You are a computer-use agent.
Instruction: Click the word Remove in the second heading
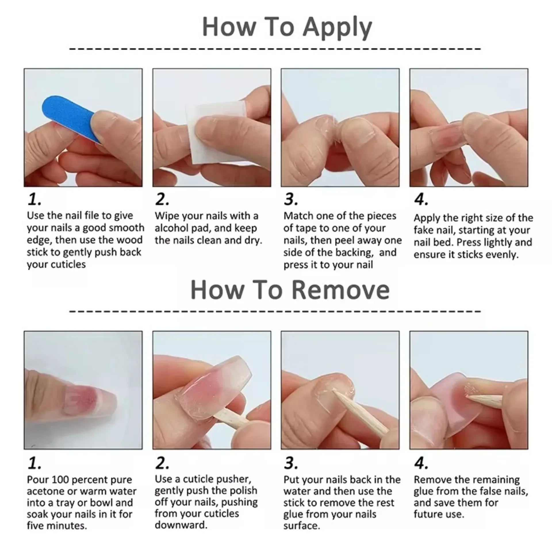pyautogui.click(x=340, y=290)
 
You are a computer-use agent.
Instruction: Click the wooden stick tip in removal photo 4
pyautogui.click(x=471, y=397)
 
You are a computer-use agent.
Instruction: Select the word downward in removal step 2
pyautogui.click(x=181, y=525)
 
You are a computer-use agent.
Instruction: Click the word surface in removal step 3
pyautogui.click(x=301, y=526)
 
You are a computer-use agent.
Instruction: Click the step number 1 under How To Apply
pyautogui.click(x=34, y=200)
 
